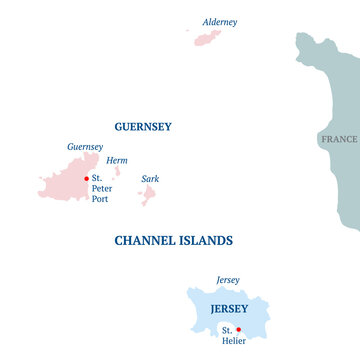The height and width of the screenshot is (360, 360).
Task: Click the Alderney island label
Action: [219, 22]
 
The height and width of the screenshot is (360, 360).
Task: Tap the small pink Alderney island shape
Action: [208, 38]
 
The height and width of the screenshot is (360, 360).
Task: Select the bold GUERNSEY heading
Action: [143, 127]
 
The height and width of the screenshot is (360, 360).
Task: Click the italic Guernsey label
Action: [85, 147]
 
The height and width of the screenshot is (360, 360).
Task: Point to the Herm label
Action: [116, 160]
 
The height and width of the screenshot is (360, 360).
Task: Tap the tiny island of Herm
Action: [117, 171]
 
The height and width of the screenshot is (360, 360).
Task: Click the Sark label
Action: [150, 179]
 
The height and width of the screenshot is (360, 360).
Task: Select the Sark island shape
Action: [147, 194]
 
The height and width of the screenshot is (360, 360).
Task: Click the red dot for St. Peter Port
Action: [86, 178]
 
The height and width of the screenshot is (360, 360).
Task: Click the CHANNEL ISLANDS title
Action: [174, 241]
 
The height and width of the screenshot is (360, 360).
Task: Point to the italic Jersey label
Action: [227, 281]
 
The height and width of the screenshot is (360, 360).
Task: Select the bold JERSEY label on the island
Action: [230, 309]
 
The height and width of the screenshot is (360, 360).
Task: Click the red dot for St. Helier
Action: [238, 329]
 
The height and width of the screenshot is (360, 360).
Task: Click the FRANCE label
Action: [339, 140]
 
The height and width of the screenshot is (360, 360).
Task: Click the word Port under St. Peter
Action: [100, 198]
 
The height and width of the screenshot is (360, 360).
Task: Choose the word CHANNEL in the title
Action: [143, 241]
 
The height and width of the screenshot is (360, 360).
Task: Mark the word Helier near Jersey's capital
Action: [233, 340]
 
